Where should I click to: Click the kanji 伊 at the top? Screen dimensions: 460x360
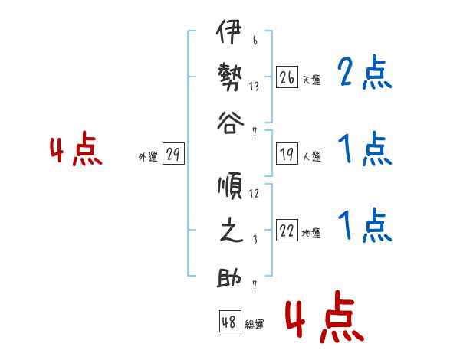[x=229, y=31]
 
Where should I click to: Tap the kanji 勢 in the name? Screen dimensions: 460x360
[x=230, y=77]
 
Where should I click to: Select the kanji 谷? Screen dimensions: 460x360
[x=230, y=123]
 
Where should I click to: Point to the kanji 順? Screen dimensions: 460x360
[x=230, y=186]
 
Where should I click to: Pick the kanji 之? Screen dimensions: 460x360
[x=232, y=230]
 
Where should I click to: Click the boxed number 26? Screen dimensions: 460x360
[x=287, y=77]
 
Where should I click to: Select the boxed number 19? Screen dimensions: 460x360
[x=287, y=154]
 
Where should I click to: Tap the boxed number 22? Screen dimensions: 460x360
[x=287, y=230]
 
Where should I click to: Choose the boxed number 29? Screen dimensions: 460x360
[x=173, y=154]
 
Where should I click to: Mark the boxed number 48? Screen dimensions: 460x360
[x=230, y=321]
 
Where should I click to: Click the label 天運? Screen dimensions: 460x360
[x=311, y=80]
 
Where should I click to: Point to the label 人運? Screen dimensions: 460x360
[x=312, y=156]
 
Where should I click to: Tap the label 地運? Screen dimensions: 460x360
[x=311, y=233]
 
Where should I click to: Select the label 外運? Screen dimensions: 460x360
[x=148, y=156]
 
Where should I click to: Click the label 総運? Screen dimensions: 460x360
[x=255, y=324]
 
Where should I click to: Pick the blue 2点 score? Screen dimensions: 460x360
[x=364, y=72]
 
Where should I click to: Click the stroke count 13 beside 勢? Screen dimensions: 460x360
[x=254, y=87]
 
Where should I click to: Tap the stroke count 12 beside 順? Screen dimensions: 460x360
[x=254, y=194]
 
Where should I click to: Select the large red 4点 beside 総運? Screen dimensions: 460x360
[x=324, y=316]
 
